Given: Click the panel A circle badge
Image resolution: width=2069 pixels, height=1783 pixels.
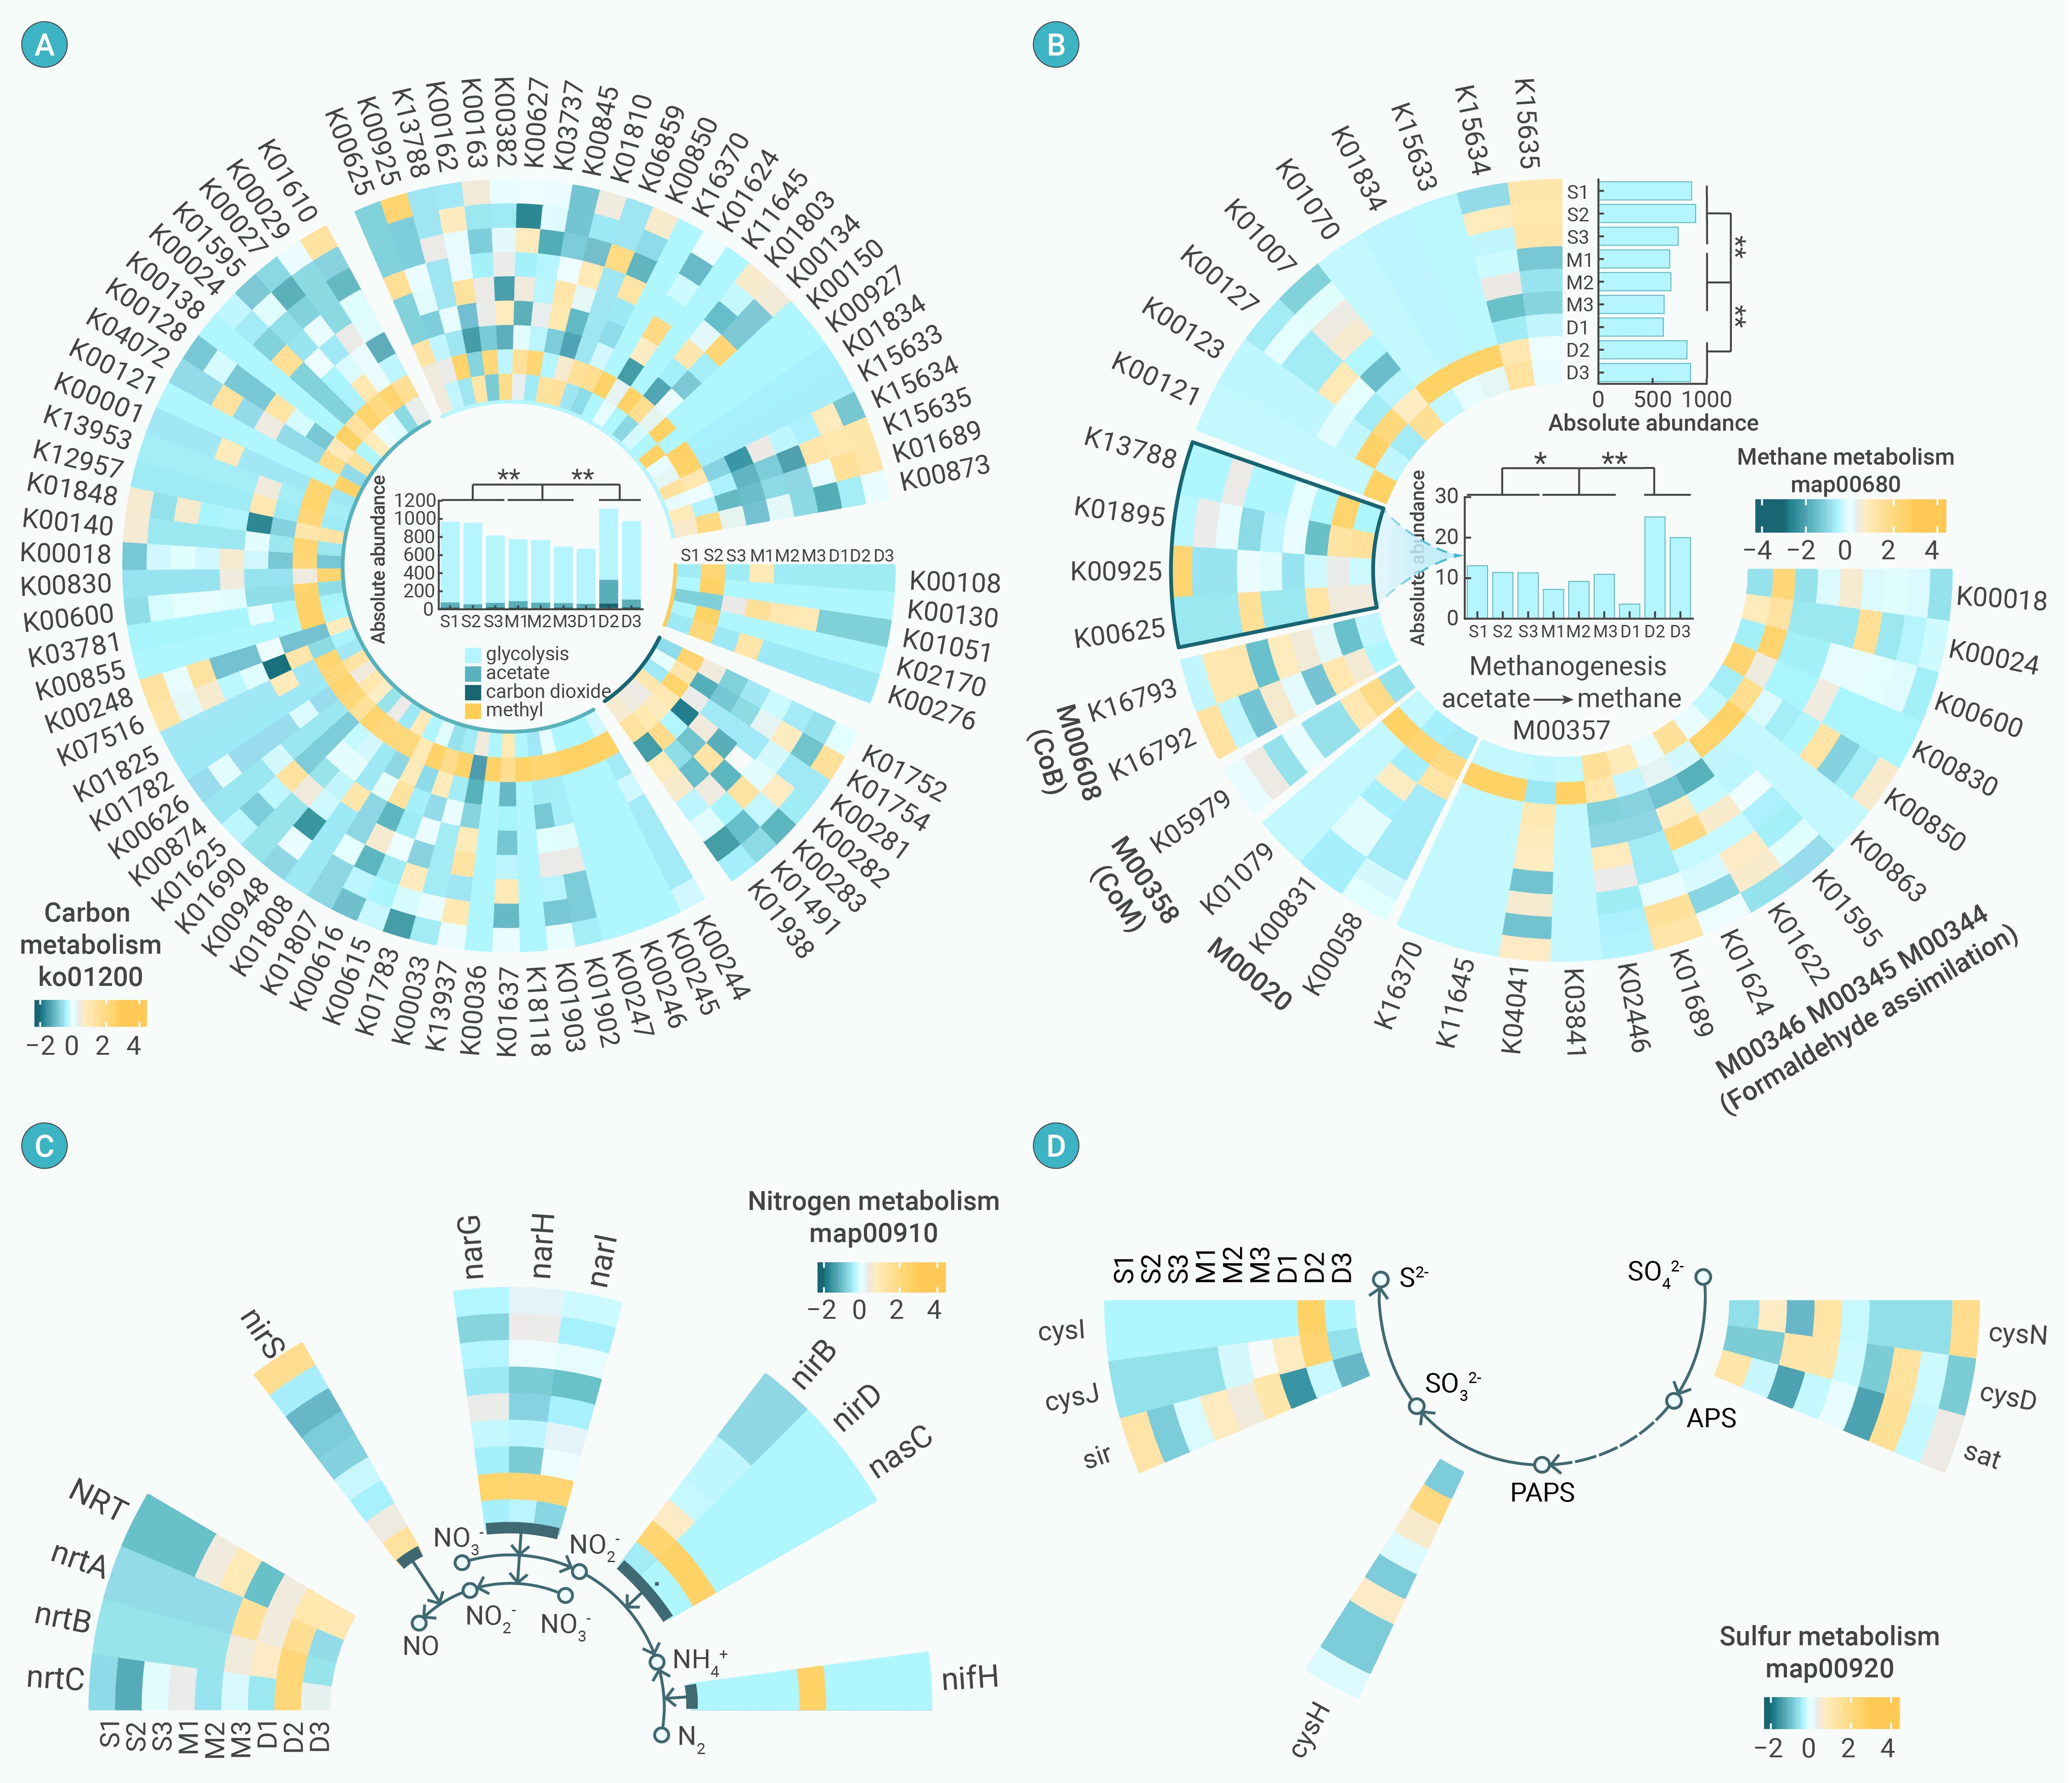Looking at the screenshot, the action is click(44, 45).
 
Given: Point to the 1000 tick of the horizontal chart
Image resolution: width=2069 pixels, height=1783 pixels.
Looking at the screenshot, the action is click(1707, 399).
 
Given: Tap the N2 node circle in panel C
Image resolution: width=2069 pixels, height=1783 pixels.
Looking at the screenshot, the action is click(661, 1735).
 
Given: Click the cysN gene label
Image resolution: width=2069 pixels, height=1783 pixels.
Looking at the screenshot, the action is click(2017, 1334).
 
